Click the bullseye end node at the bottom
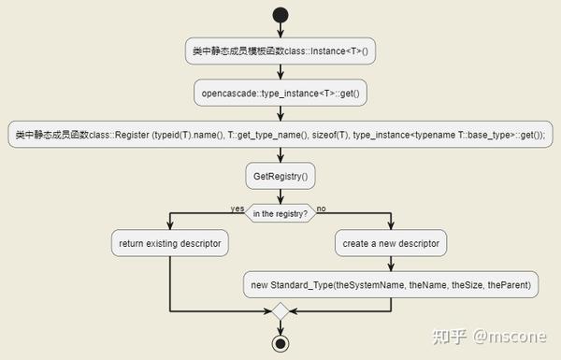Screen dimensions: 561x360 (280, 343)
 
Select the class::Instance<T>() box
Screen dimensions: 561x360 (280, 52)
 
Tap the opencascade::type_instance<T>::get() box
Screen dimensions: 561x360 (280, 93)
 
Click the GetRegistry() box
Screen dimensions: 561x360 (280, 175)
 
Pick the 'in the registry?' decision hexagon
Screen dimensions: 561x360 (280, 214)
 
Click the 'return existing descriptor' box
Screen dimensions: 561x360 (170, 243)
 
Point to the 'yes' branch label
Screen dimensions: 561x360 (237, 209)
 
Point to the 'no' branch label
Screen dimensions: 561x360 (322, 209)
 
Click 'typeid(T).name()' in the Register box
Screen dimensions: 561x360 (186, 136)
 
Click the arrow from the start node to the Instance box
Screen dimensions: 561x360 (280, 32)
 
